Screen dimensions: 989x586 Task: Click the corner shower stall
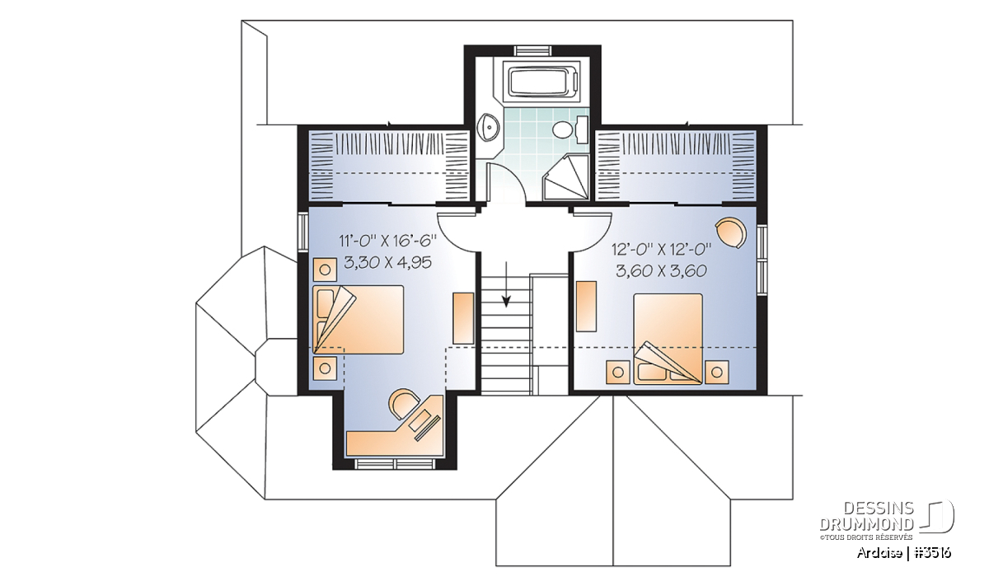pos(566,177)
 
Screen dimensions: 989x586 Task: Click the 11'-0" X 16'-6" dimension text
pos(387,241)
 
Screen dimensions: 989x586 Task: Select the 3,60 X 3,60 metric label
pos(661,270)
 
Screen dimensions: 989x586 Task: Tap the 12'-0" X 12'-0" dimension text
pos(661,250)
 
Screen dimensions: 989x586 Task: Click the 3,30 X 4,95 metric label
pos(387,263)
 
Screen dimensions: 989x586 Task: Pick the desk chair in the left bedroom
pos(404,403)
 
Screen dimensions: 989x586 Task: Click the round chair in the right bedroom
pos(731,232)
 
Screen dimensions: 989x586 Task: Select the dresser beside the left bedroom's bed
pos(463,318)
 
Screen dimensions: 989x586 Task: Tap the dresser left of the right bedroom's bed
pos(586,306)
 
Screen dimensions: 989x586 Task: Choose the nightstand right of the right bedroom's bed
pos(716,373)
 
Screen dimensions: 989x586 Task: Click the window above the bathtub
pos(532,50)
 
